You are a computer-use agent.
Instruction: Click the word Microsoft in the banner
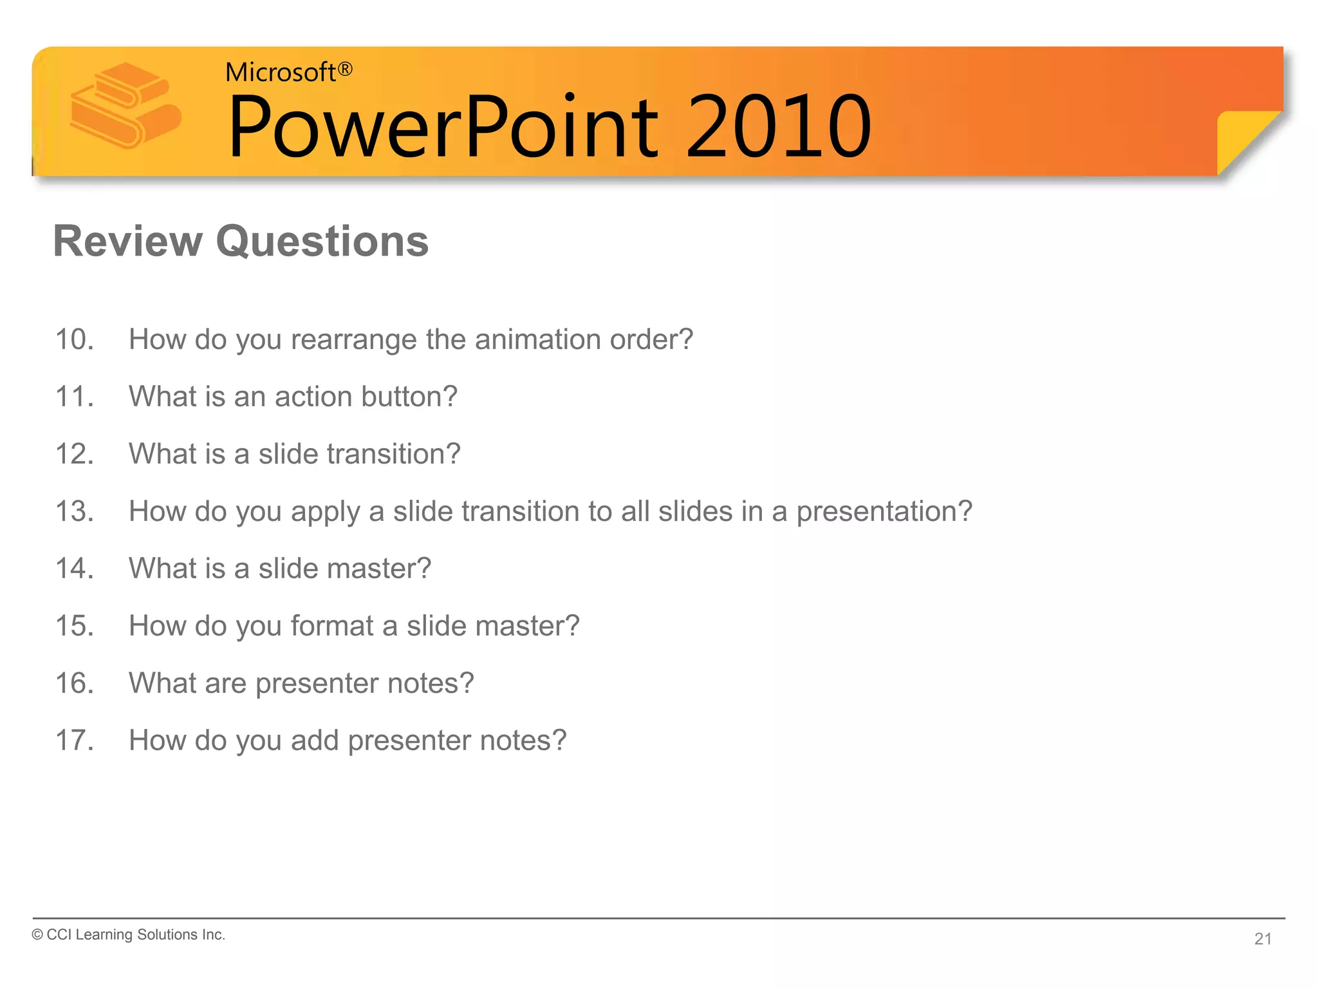click(x=280, y=72)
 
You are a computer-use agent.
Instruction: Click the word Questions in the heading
click(x=322, y=241)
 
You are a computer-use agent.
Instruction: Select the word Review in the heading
click(x=127, y=241)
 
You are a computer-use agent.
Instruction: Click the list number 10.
click(x=74, y=339)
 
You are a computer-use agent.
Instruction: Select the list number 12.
click(x=74, y=454)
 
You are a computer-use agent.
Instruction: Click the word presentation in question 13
click(x=884, y=512)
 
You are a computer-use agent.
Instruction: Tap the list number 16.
click(x=74, y=683)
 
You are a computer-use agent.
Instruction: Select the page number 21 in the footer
click(x=1263, y=939)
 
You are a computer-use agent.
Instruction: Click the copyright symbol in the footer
click(x=37, y=935)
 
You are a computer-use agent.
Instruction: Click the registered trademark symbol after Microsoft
click(x=345, y=69)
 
